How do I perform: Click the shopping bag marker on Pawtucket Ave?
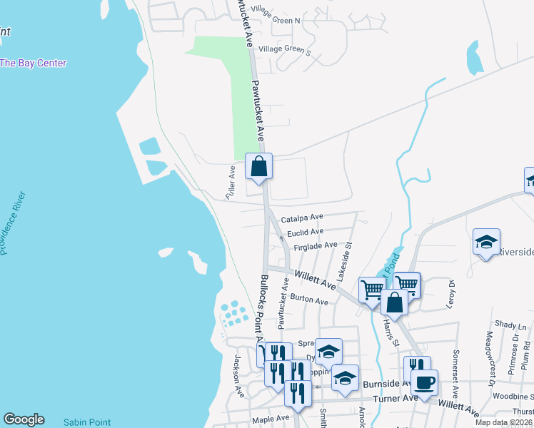coord(259,167)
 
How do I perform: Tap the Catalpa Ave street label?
coord(302,218)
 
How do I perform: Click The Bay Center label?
coord(33,63)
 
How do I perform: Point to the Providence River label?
coord(13,223)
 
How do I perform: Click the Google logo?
coord(24,419)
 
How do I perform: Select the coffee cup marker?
coord(424,382)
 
